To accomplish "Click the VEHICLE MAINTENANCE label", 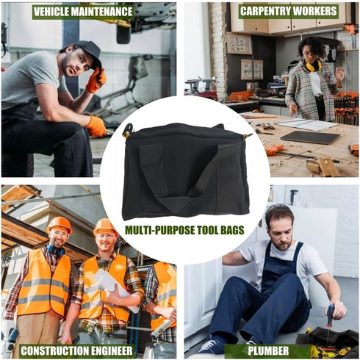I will (83, 12).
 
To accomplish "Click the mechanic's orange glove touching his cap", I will (96, 79).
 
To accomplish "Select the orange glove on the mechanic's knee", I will (96, 126).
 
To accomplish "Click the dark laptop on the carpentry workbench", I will (311, 137).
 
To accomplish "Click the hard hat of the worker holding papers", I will (105, 226).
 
